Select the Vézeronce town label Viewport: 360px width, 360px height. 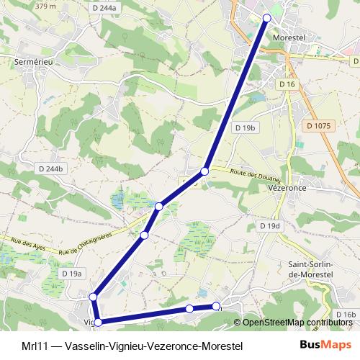click(x=308, y=184)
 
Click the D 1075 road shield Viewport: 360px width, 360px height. click(x=318, y=125)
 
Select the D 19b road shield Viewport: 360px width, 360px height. click(x=246, y=127)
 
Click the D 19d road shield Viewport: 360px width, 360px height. click(x=269, y=226)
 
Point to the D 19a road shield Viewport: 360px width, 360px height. click(x=73, y=274)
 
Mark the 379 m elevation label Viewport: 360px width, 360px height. click(x=45, y=6)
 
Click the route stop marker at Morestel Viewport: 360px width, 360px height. click(x=267, y=17)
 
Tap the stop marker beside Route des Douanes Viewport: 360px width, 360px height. click(x=205, y=171)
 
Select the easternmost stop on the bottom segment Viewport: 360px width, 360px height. click(x=215, y=307)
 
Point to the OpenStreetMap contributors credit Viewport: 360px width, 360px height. click(x=292, y=323)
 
